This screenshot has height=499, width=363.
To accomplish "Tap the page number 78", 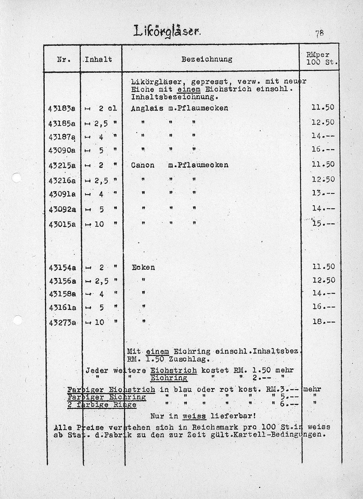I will [x=319, y=33].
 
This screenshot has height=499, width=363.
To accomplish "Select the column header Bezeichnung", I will [x=207, y=59].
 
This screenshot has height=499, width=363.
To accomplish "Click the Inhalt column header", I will [x=98, y=59].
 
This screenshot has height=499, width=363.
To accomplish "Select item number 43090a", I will [x=62, y=150].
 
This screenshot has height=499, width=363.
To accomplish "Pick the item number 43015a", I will [x=62, y=224].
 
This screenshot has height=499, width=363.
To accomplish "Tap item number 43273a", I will [x=62, y=323].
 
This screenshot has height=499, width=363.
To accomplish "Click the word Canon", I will [x=143, y=165].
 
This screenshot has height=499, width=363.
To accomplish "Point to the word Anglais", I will [x=145, y=108].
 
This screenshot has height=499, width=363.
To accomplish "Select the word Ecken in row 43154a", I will [x=143, y=267].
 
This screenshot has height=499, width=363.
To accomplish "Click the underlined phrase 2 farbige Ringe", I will [x=102, y=405].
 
